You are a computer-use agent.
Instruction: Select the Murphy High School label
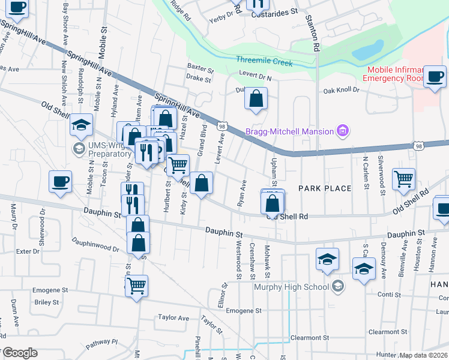pyautogui.click(x=292, y=286)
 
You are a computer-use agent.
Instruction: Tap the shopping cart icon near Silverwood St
pyautogui.click(x=403, y=178)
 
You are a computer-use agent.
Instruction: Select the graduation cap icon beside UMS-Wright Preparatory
pyautogui.click(x=81, y=125)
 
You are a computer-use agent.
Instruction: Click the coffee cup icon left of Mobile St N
pyautogui.click(x=60, y=181)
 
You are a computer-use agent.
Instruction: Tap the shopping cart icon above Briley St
pyautogui.click(x=137, y=285)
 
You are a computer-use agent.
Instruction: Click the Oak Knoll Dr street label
pyautogui.click(x=340, y=90)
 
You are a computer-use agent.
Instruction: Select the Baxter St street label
pyautogui.click(x=200, y=67)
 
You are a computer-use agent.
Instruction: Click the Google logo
pyautogui.click(x=20, y=353)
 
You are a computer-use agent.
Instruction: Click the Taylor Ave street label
pyautogui.click(x=173, y=317)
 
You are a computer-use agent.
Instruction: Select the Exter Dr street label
pyautogui.click(x=28, y=251)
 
